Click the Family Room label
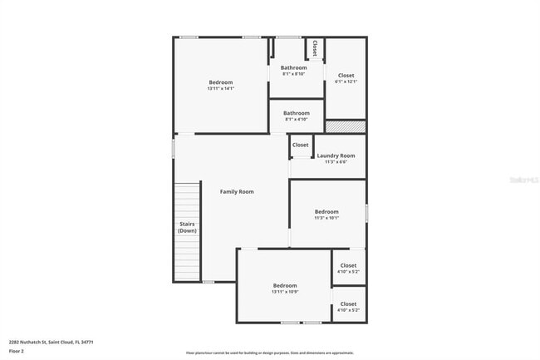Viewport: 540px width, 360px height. coord(236,192)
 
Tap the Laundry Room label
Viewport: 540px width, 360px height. coord(336,155)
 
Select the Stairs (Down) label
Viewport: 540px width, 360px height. coord(187,227)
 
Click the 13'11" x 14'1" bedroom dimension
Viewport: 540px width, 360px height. coord(220,89)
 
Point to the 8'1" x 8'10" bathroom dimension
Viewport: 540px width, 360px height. coord(293,74)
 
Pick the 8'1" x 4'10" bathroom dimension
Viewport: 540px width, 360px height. coord(296,120)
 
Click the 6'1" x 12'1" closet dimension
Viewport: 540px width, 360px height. coord(346,81)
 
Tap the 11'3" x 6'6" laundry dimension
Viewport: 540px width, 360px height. coord(336,162)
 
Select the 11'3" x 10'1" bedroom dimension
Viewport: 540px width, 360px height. coord(326,218)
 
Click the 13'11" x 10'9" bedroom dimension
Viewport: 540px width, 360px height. coord(284,293)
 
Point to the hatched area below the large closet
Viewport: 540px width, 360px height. coord(345,127)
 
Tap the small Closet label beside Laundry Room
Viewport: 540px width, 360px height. coord(300,145)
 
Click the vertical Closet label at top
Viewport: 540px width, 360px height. coord(314,48)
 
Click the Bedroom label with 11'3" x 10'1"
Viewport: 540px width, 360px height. coord(326,211)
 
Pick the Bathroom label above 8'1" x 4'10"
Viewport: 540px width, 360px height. coord(296,113)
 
